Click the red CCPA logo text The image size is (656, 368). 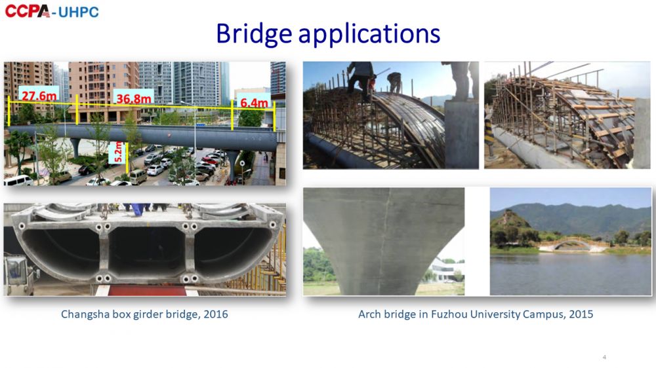coord(28,11)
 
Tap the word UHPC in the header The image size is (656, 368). coord(79,12)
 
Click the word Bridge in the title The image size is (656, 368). coord(253,33)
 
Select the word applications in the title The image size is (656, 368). coord(369,35)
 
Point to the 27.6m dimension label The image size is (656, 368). coord(39,96)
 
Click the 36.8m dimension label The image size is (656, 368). coord(133,99)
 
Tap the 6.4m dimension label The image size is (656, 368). coord(254,102)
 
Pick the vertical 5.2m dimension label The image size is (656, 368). coord(118,152)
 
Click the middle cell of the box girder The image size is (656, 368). coord(146,252)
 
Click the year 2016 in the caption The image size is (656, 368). coord(215,314)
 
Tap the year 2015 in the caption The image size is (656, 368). coord(581,314)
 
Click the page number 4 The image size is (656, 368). coord(604,357)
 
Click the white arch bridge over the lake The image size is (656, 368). coord(572,244)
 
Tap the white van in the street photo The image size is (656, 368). coord(18,181)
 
